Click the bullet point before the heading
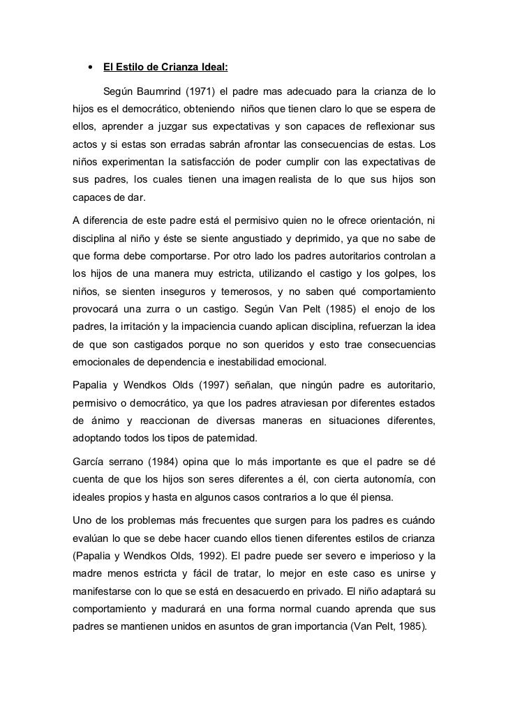pos(90,68)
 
